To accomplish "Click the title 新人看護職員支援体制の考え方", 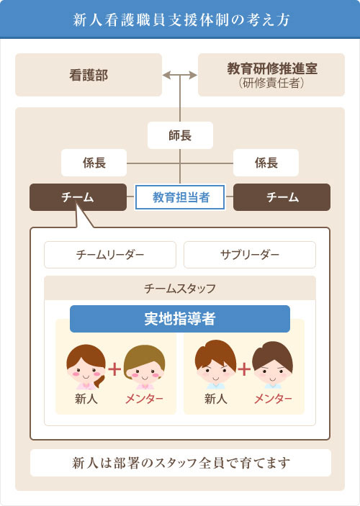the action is point(181,19).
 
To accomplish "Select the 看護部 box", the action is point(89,75).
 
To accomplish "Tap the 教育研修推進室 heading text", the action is point(272,68).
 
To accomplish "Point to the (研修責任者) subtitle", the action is point(271,83).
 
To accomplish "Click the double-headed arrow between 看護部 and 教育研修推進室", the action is point(180,75).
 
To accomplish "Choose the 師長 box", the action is point(180,135).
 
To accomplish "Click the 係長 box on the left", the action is point(94,163).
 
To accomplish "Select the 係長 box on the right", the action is point(266,163).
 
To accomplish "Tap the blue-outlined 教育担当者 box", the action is point(180,197).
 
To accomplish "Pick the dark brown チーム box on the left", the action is point(78,197).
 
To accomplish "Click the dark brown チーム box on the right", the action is point(282,197).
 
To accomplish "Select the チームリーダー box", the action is point(110,255).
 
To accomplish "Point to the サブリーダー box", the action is point(250,255).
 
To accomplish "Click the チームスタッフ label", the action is point(180,288).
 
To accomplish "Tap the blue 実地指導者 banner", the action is point(180,319).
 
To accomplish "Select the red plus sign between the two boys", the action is point(244,369).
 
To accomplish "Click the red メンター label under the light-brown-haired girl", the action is point(144,399).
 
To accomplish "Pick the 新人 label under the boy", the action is point(216,399).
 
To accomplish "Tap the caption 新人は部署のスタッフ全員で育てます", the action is point(181,463).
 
